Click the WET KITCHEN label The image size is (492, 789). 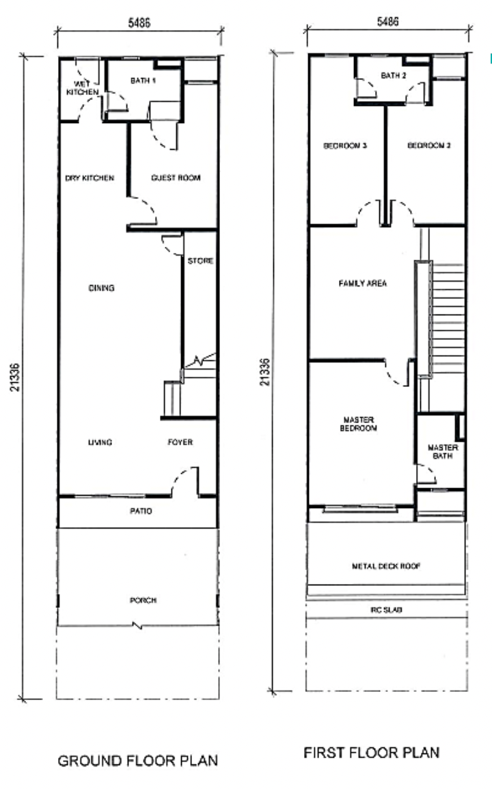(x=83, y=88)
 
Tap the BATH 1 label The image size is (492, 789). (x=143, y=81)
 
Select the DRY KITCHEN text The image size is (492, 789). (x=90, y=178)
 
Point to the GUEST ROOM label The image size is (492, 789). (x=176, y=178)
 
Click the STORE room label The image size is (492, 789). (x=200, y=260)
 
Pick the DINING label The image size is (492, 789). (x=101, y=288)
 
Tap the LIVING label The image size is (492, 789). (x=100, y=442)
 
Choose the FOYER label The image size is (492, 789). (x=180, y=442)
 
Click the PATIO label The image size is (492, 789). (x=141, y=511)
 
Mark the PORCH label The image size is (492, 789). (x=143, y=600)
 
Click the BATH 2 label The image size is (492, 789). (x=394, y=75)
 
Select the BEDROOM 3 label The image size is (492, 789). (x=344, y=146)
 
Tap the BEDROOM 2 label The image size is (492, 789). (x=428, y=146)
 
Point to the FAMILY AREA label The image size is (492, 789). (x=362, y=283)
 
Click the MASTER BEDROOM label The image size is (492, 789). (x=358, y=424)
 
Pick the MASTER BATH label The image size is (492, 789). (x=443, y=451)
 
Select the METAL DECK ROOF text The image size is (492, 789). (x=386, y=566)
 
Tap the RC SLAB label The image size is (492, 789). (x=386, y=610)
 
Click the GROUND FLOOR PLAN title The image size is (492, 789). (x=138, y=760)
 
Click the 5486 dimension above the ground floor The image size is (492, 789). (x=139, y=23)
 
